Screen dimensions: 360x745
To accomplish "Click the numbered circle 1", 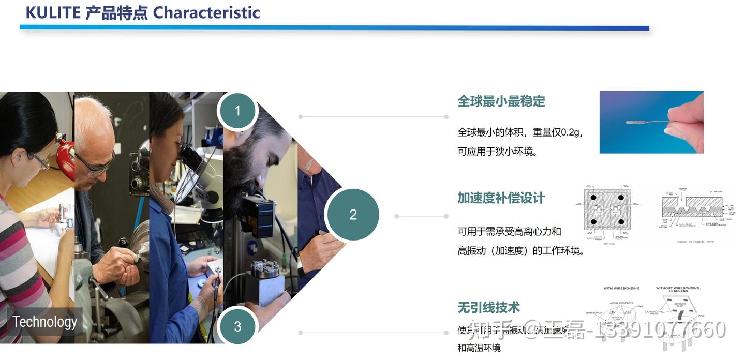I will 237,111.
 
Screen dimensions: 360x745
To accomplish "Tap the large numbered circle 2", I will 353,215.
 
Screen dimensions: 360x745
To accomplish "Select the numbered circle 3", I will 237,326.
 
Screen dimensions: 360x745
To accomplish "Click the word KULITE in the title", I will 53,12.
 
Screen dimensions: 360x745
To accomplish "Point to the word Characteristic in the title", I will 206,12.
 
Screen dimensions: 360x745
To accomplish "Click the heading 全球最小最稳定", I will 501,101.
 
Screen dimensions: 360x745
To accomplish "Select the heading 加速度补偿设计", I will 501,198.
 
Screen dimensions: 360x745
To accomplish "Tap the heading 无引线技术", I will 488,308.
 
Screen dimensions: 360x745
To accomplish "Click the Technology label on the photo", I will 45,322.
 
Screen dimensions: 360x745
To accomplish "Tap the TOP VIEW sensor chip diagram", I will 607,213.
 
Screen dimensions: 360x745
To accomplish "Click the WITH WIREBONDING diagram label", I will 621,288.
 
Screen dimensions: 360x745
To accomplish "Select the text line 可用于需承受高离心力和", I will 509,231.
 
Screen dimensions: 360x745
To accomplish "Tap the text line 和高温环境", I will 479,348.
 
